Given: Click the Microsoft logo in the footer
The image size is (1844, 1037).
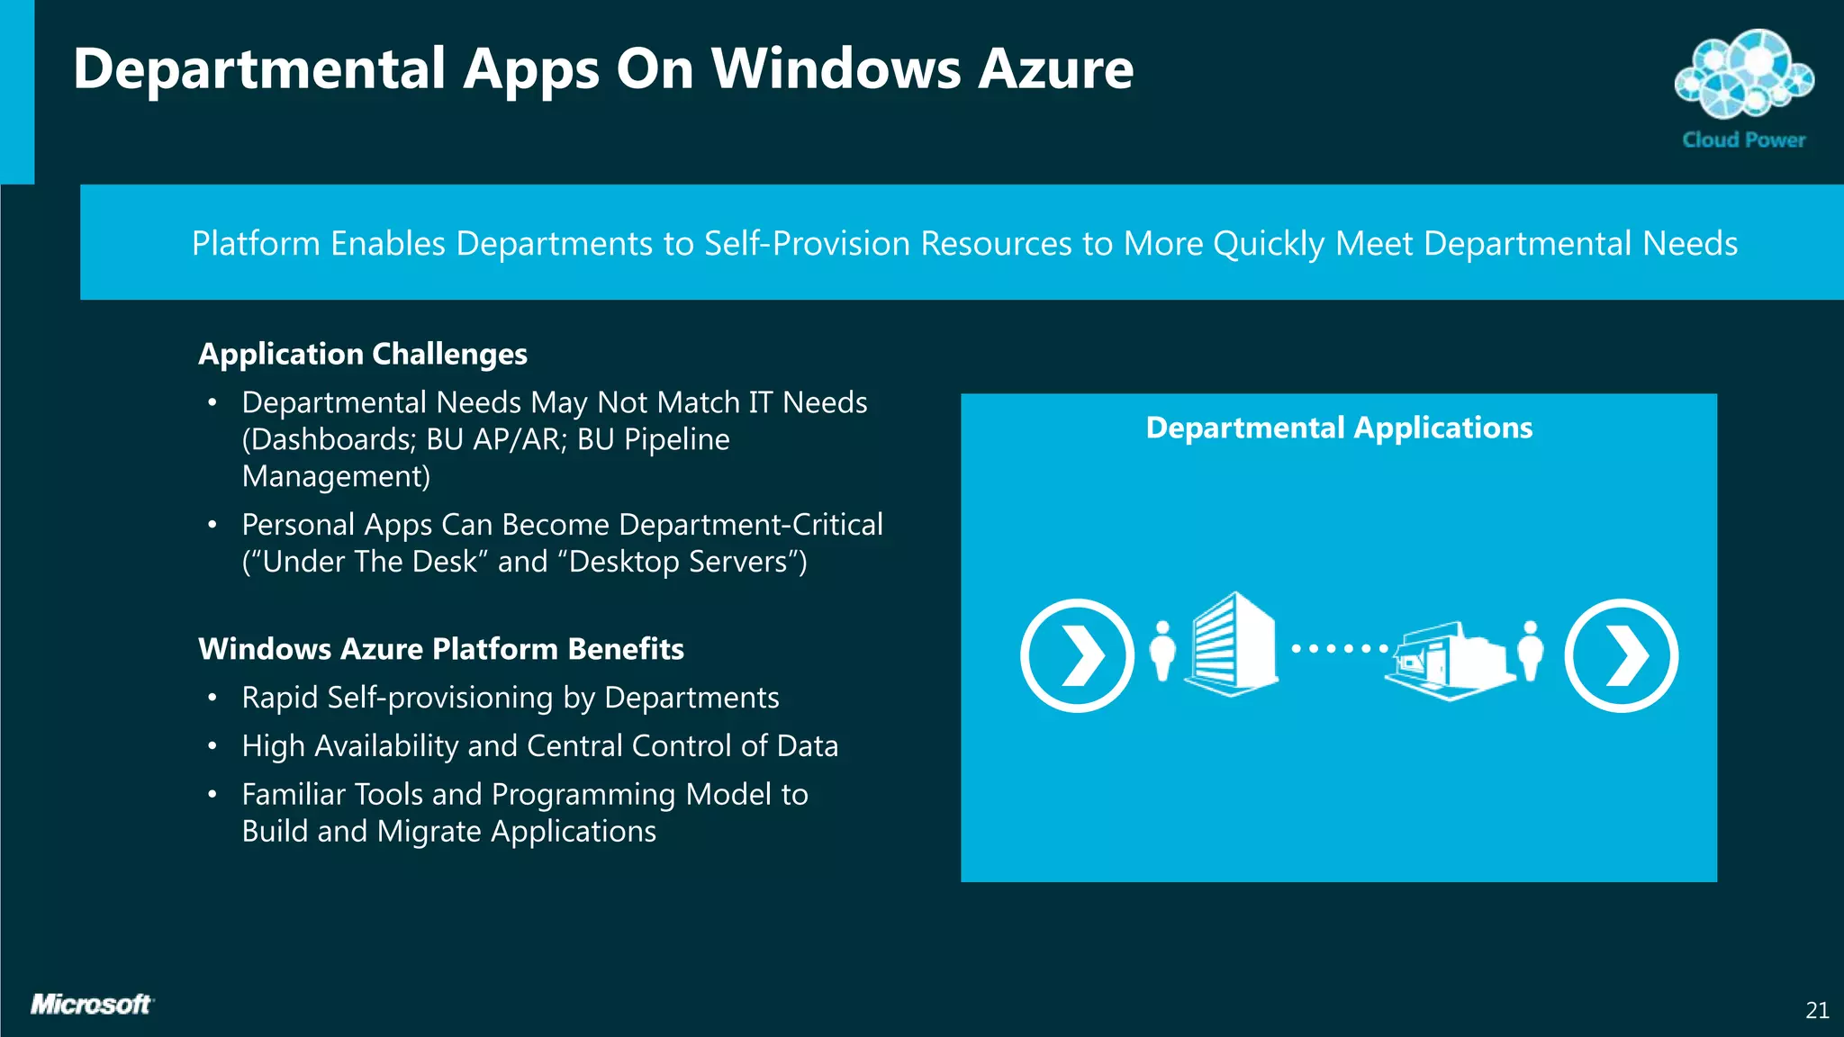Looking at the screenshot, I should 91,1004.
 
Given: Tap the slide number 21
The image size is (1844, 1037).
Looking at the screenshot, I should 1817,1011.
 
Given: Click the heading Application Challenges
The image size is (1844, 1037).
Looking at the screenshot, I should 362,354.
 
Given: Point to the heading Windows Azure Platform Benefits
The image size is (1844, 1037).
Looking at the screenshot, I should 440,648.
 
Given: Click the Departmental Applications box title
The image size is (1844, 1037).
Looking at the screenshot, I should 1338,428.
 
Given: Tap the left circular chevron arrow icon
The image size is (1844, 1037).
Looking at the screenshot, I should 1077,655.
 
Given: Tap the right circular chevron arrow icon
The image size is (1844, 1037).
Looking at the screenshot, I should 1621,655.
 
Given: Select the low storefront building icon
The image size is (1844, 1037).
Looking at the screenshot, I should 1450,661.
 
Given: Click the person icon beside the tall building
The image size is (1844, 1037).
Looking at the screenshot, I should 1162,650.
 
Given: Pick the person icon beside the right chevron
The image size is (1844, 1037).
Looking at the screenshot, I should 1530,650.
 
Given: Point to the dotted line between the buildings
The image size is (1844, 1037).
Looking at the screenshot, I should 1339,648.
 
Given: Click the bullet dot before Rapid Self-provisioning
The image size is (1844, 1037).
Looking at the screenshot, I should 212,698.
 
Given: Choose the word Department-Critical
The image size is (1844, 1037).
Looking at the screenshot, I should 750,525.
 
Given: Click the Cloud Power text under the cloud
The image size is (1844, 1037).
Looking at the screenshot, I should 1744,140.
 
